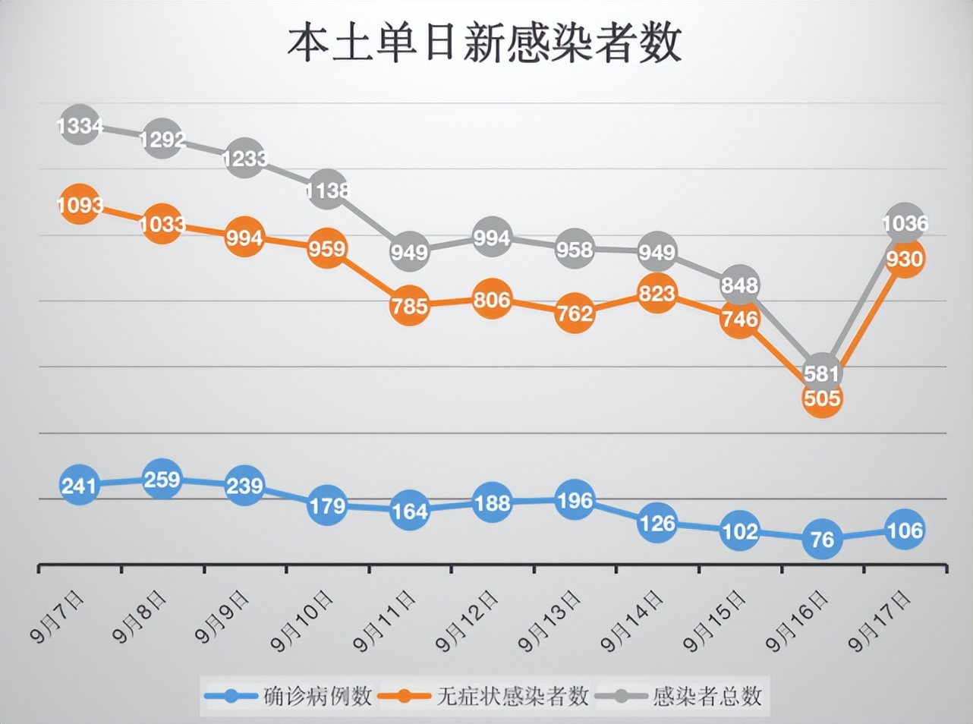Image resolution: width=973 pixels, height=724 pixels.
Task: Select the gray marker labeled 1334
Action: tap(79, 124)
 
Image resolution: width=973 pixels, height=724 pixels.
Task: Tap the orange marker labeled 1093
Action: tap(79, 205)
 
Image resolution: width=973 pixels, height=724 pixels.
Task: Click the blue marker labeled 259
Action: tap(162, 480)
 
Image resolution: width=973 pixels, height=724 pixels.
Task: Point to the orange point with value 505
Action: tap(822, 398)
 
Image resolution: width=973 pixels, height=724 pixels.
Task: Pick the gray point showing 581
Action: tap(822, 373)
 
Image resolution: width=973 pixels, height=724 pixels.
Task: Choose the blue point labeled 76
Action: tap(822, 540)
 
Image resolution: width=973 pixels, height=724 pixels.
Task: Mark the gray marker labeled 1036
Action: tap(905, 223)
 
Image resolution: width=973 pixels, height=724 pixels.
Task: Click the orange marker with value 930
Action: tap(905, 259)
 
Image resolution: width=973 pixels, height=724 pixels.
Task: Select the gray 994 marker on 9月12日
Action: tap(492, 238)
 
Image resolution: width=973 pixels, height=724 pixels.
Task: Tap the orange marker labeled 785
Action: tap(409, 306)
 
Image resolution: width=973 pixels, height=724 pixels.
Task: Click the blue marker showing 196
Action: tap(575, 501)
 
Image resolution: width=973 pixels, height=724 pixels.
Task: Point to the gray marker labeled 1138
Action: tap(327, 190)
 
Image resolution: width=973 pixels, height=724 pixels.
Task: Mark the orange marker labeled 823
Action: tap(657, 293)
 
